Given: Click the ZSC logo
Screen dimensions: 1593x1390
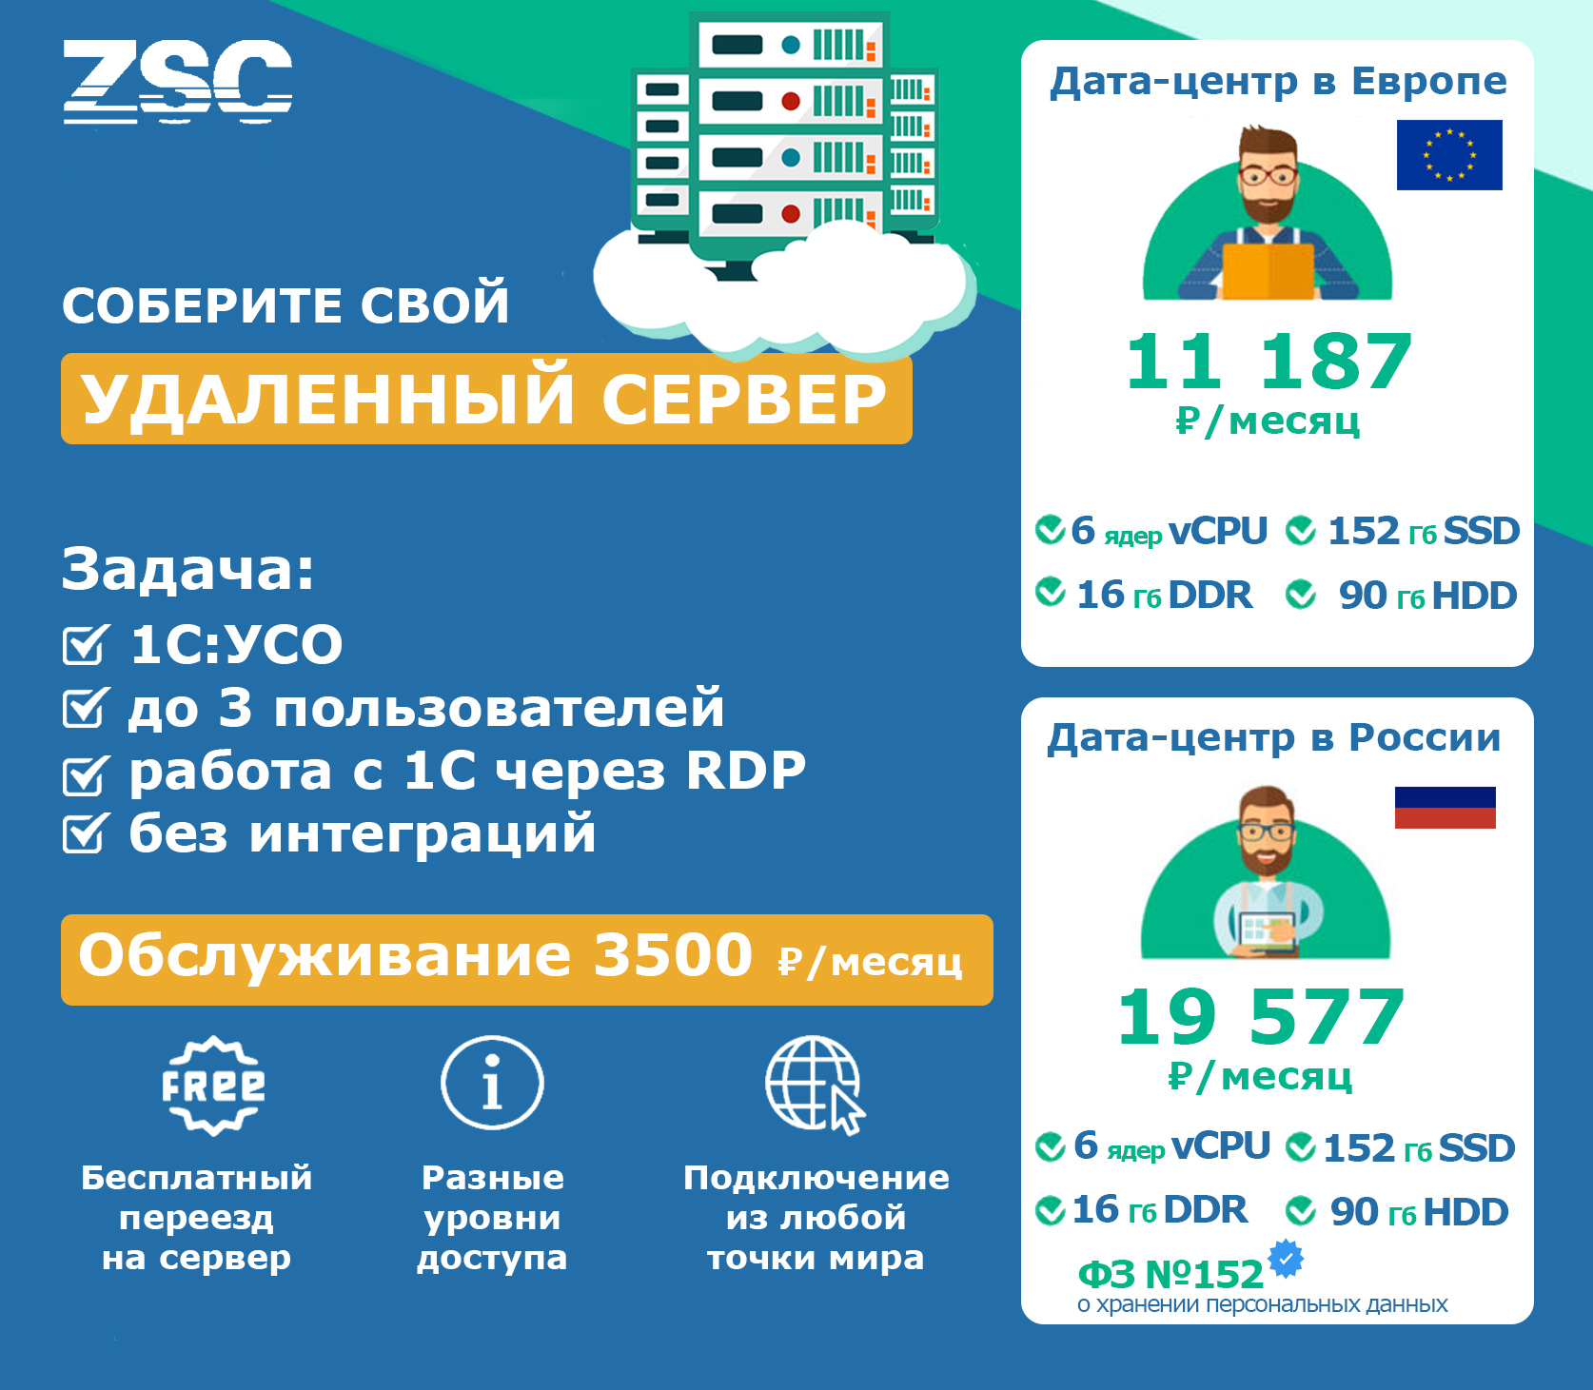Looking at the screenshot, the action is [x=178, y=82].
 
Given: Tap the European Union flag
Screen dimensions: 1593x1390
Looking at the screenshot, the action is [x=1449, y=155].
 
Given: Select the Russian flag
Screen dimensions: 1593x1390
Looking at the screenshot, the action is [x=1445, y=808].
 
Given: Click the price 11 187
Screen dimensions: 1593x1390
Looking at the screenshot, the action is [x=1268, y=362].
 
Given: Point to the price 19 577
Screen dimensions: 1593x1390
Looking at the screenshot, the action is [x=1261, y=1017].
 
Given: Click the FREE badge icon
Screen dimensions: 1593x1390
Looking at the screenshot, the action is [x=213, y=1086].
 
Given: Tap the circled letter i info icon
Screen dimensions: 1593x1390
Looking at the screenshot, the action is [x=492, y=1083].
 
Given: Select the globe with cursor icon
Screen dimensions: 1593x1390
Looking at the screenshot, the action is [x=816, y=1085].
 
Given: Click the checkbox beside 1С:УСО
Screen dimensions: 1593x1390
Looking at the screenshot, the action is [x=86, y=644].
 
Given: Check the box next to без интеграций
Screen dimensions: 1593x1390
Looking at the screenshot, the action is [x=86, y=833].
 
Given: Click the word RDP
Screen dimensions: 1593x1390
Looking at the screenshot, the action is [x=746, y=771].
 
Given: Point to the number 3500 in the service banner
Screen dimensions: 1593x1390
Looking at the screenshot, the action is [x=673, y=955].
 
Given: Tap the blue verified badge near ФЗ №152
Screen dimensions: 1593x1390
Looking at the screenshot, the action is [x=1287, y=1259].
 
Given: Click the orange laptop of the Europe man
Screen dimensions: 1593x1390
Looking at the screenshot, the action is [x=1268, y=270].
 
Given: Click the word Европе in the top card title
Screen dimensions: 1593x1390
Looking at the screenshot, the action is [x=1429, y=83].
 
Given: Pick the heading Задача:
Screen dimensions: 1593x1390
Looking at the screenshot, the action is [x=187, y=569].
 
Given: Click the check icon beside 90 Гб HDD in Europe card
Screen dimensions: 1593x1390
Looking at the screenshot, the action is [x=1301, y=596].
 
